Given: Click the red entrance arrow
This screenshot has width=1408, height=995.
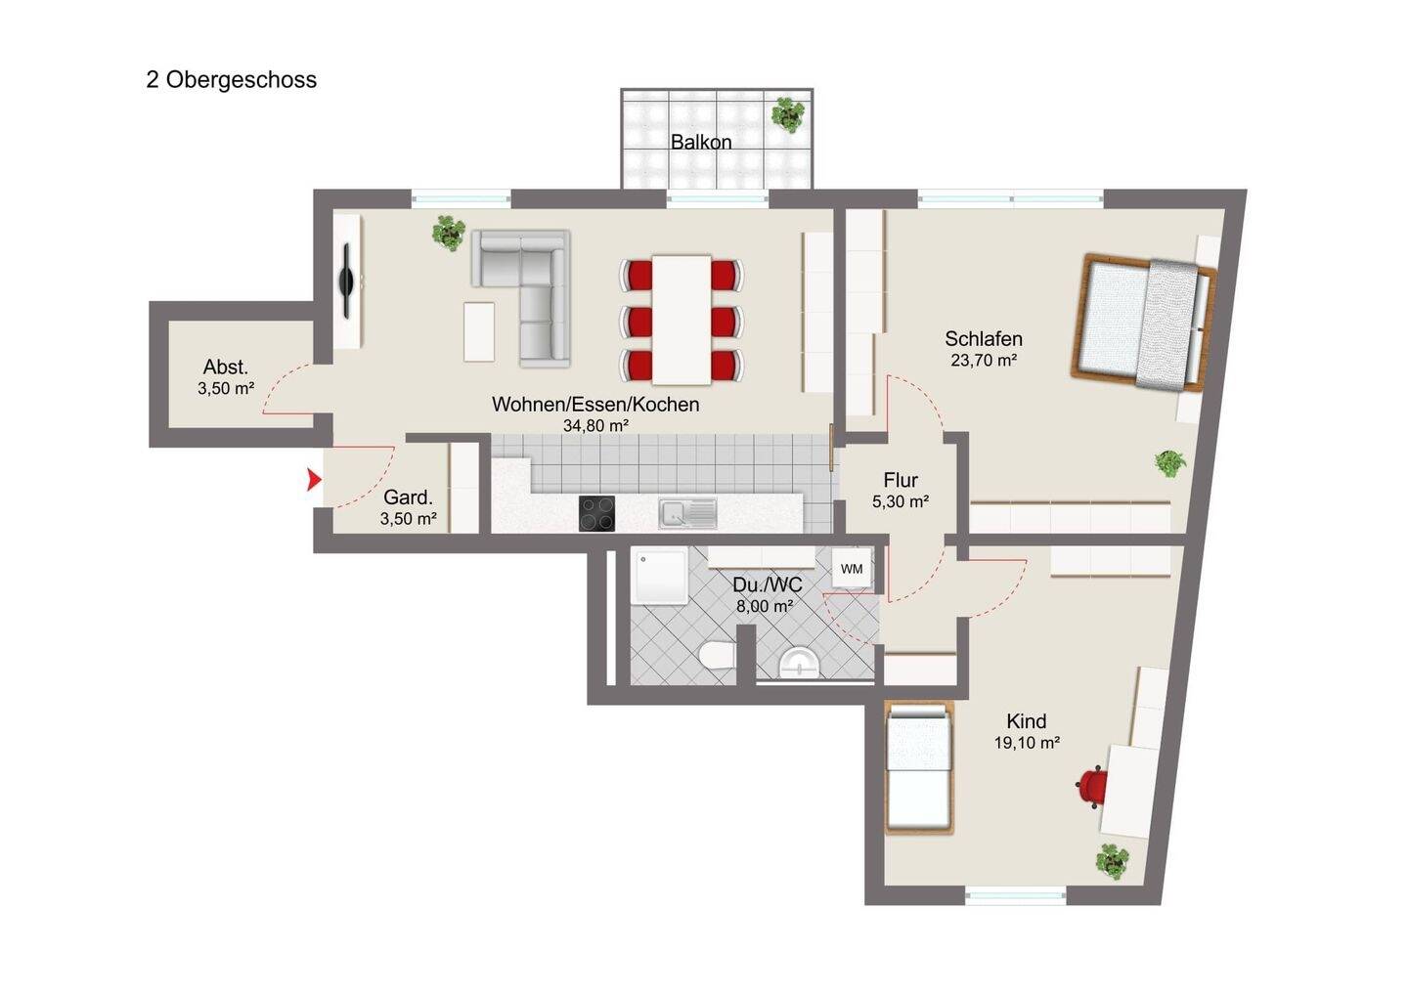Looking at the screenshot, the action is pos(314,480).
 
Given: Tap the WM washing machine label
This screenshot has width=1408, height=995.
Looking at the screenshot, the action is pos(852,569).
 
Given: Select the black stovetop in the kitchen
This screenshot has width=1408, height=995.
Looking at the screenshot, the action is pos(596,514).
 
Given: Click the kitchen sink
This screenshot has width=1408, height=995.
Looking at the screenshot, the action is pos(687,513).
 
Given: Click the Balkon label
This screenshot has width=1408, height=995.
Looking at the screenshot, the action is pos(701,142).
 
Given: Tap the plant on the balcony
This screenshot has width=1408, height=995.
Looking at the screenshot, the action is pos(788,114).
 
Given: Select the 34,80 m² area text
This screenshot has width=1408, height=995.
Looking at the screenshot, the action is pos(595,426).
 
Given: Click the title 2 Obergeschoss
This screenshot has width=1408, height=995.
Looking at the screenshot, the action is pos(232,80).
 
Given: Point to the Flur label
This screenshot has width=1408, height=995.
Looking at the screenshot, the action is pos(901,481).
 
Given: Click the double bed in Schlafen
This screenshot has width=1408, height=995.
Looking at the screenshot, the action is pos(1144,323).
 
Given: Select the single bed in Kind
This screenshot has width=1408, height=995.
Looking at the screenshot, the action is pos(918,767).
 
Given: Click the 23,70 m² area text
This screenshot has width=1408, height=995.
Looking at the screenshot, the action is pos(984,361).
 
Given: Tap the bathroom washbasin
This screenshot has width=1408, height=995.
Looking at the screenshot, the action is pos(799,664).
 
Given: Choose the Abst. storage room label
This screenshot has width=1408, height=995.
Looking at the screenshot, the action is pos(226,368).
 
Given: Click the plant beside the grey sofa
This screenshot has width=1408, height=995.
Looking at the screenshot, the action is pos(449,233).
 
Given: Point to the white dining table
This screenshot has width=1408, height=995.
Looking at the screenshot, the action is pos(682,320).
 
